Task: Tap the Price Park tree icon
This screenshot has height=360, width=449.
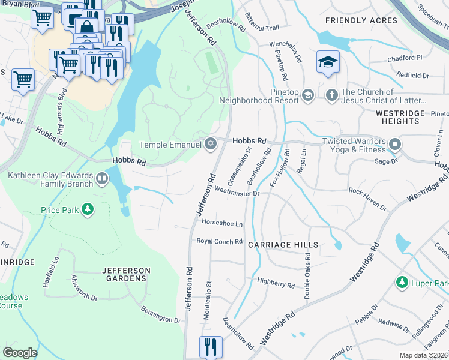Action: [88, 209]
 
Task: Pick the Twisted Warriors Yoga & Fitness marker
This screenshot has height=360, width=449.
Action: [394, 144]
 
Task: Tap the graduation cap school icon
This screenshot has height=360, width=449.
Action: [328, 62]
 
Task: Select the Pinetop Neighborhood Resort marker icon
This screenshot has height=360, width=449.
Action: [307, 95]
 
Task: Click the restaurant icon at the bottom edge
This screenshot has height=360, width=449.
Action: [211, 346]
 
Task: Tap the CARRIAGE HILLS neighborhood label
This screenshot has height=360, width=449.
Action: [283, 245]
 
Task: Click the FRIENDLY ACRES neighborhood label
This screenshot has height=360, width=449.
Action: [361, 20]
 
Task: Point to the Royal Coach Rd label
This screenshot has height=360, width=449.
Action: [219, 241]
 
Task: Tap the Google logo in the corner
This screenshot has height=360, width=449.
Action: [20, 352]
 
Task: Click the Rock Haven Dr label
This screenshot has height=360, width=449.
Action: [367, 199]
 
